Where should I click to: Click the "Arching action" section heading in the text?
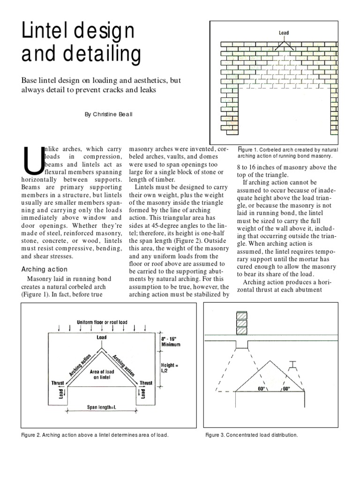45,269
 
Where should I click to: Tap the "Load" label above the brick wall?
284,33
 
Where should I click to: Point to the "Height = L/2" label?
171,367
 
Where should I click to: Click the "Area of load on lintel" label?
102,374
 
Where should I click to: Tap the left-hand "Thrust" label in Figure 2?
59,382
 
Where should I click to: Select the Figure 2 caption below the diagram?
95,435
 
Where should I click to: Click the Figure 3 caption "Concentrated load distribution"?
252,435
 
